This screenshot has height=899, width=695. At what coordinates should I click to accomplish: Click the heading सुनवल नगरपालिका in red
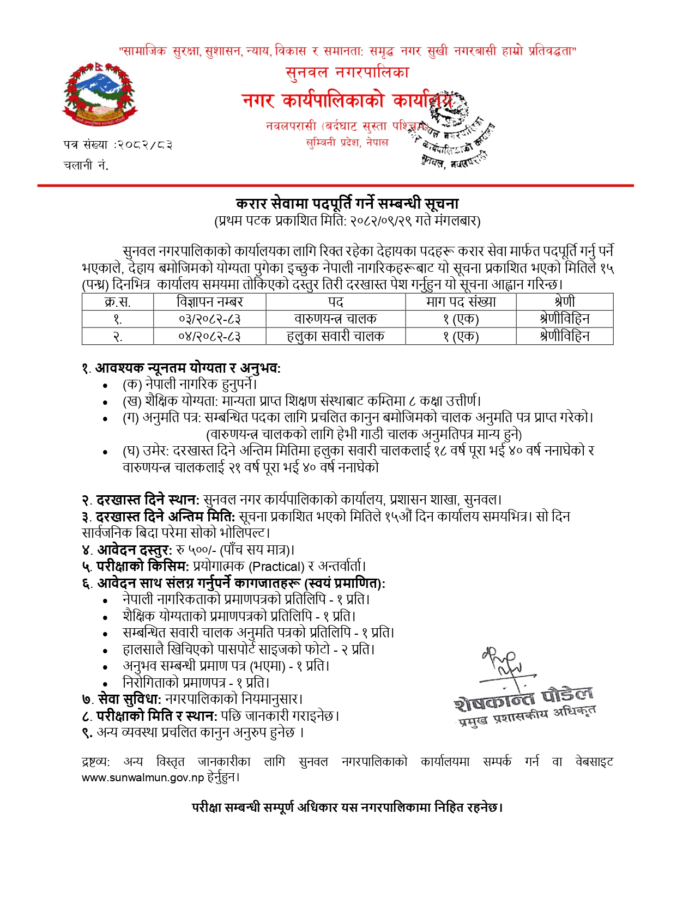[347, 72]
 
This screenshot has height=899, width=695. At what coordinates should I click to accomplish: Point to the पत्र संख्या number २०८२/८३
[144, 145]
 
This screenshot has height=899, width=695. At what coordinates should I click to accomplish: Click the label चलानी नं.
[86, 166]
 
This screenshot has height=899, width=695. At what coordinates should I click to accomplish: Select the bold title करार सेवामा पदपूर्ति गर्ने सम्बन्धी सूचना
[347, 204]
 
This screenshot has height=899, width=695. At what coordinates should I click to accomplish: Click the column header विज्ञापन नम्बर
[209, 302]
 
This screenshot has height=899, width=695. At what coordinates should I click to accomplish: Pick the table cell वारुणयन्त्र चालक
[335, 319]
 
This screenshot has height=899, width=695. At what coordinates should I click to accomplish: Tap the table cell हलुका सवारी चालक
[335, 336]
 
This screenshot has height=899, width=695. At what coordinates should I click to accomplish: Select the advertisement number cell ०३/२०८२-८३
[209, 319]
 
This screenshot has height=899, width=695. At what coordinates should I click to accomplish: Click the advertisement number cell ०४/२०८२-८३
[209, 336]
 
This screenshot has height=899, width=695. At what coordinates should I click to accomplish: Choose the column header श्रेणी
[564, 302]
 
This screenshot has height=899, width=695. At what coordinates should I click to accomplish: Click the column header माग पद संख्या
[461, 302]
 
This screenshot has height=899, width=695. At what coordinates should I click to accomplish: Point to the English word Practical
[276, 567]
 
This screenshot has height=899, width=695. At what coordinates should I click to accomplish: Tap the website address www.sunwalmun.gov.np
[143, 777]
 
